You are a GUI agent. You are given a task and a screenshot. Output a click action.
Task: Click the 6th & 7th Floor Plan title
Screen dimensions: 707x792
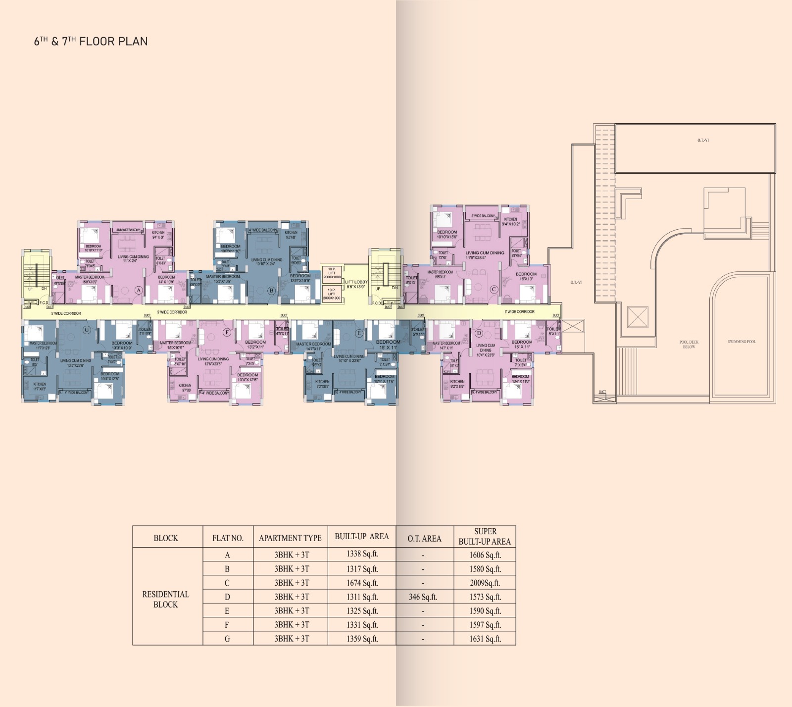[x=91, y=42]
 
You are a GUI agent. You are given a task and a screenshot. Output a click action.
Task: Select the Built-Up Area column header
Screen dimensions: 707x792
[x=362, y=537]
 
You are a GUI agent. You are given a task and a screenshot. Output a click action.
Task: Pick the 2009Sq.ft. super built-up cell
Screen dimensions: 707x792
[x=485, y=583]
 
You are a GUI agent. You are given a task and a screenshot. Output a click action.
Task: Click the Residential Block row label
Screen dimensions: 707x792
[x=165, y=599]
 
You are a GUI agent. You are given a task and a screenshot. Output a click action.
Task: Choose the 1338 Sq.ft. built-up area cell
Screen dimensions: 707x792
[x=362, y=555]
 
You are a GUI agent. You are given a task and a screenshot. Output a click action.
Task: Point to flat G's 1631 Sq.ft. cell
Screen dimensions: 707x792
[x=485, y=639]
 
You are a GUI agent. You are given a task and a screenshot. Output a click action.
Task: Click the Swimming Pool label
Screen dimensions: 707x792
[x=742, y=342]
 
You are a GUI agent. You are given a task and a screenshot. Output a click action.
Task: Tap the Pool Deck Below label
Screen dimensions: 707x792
[x=689, y=344]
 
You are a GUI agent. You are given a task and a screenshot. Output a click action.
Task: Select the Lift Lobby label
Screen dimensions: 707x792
[x=356, y=284]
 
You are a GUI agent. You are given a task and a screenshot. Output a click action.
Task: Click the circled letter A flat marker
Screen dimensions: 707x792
[x=139, y=290]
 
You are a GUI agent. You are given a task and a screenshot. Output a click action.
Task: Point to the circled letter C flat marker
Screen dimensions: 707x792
[x=494, y=290]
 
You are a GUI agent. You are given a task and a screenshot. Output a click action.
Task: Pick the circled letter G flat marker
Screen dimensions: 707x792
[x=87, y=330]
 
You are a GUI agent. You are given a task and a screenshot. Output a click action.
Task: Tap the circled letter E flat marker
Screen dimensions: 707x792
[x=359, y=333]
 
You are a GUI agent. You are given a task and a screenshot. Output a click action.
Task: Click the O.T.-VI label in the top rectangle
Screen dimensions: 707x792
[x=703, y=141]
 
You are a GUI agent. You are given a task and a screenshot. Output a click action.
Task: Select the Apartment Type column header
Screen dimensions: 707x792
[x=290, y=538]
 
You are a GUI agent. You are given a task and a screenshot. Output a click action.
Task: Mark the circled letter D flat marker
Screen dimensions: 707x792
[x=479, y=333]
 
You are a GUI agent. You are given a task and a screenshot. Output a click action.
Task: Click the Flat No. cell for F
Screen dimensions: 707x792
[x=227, y=625]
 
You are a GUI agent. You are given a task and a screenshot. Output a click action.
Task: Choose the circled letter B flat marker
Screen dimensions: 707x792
[x=271, y=291]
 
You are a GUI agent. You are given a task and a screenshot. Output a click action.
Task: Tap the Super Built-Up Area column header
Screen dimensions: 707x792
[x=485, y=537]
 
